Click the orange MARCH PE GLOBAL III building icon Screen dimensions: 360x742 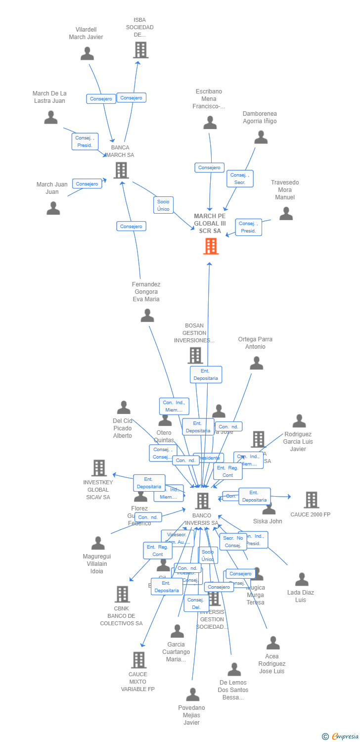pos(211,246)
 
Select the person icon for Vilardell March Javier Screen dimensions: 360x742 pos(87,53)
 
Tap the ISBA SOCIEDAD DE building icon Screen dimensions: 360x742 pos(140,50)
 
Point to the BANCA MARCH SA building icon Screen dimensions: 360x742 pos(121,170)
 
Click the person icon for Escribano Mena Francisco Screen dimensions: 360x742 pos(210,123)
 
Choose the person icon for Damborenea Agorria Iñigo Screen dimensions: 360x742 pos(261,137)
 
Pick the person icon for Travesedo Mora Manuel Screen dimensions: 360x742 pos(286,213)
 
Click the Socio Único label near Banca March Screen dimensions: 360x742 pos(163,205)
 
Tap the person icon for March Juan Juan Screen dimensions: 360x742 pos(53,208)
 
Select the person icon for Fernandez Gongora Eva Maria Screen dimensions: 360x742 pos(147,315)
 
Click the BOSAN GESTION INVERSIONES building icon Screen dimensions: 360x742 pos(195,355)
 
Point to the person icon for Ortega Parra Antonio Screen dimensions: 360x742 pos(256,363)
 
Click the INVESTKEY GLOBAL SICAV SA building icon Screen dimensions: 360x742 pos(99,468)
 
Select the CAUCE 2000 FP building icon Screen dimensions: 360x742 pos(311,500)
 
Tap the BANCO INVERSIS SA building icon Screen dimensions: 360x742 pos(203,501)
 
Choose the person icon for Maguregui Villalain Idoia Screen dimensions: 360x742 pos(98,543)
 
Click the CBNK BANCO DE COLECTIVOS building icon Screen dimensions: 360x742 pos(122,594)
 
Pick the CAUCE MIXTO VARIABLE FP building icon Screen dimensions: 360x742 pos(138,660)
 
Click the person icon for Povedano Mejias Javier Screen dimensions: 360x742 pos(192,695)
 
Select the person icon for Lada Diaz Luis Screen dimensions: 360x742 pos(302,579)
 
